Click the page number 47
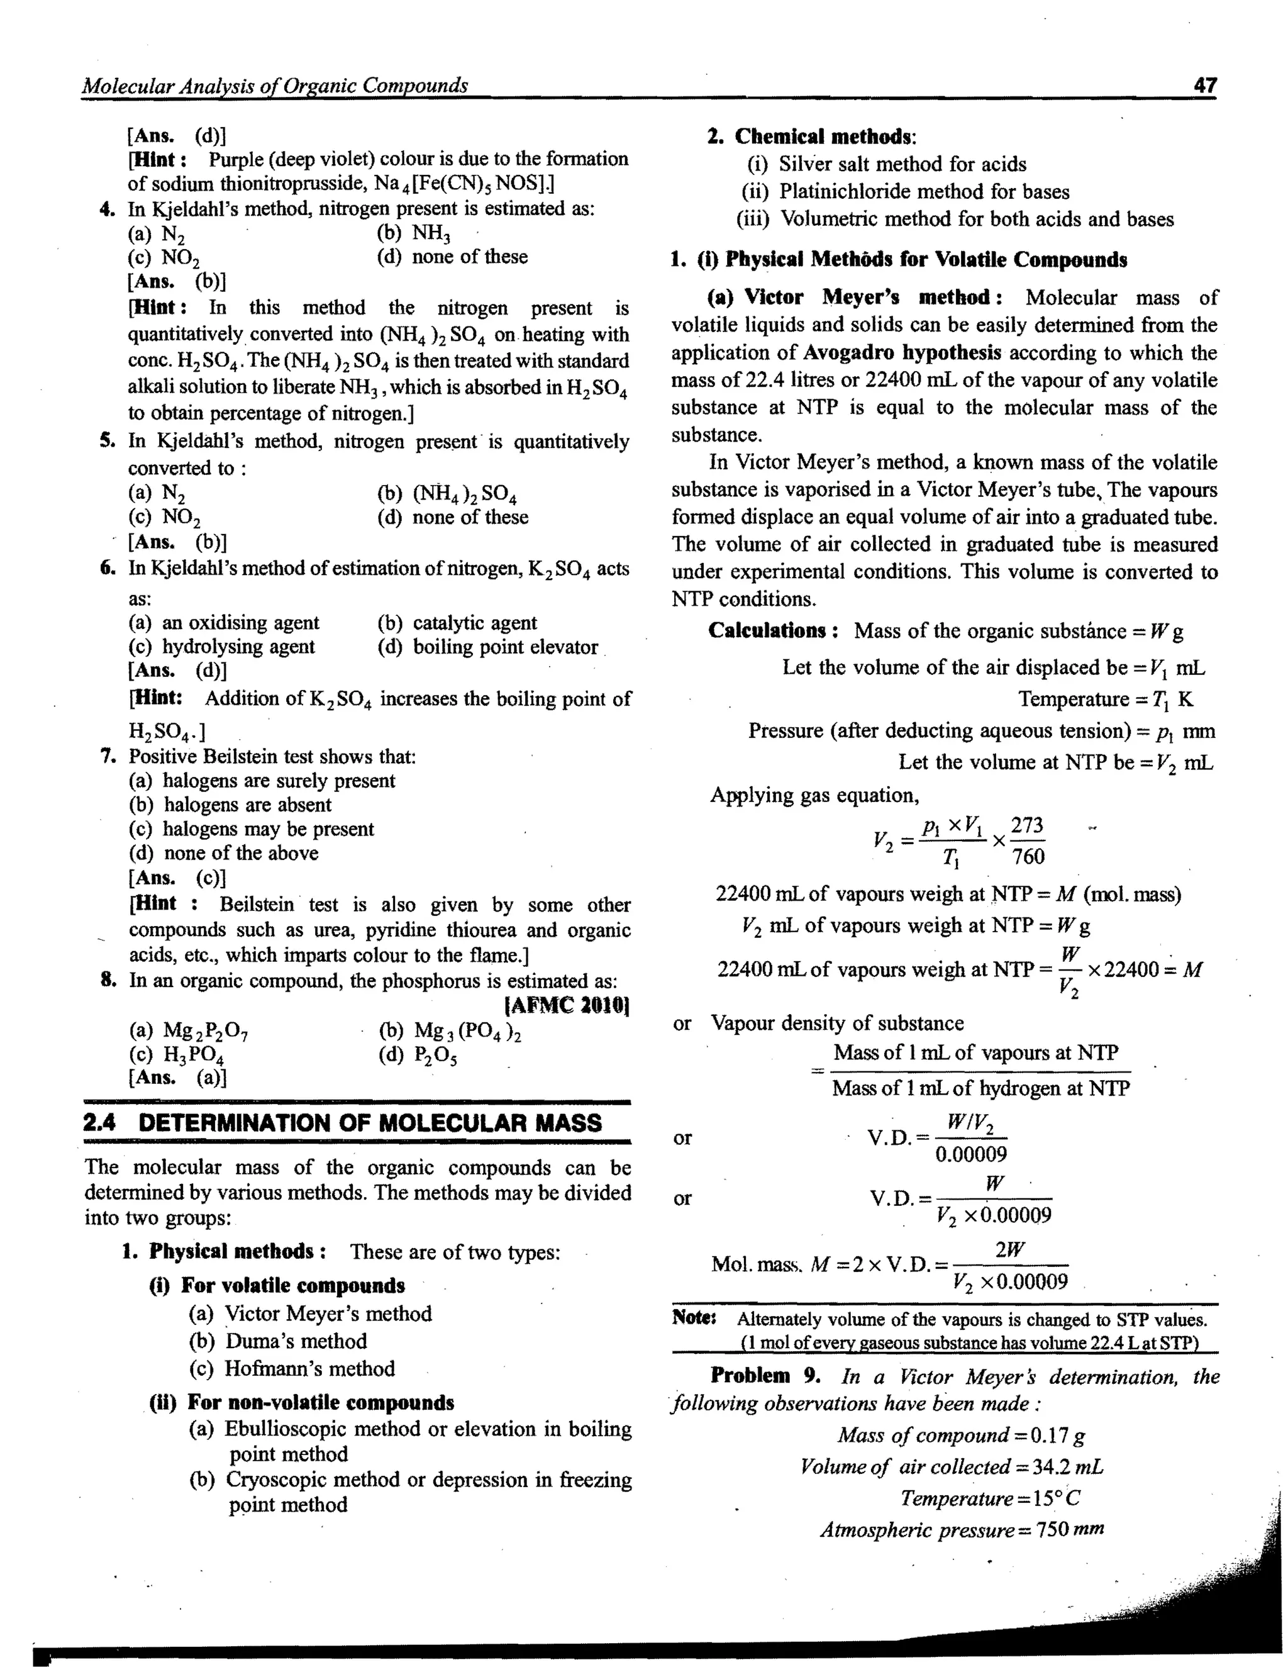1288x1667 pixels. (x=1205, y=85)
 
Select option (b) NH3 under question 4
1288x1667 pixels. (x=414, y=233)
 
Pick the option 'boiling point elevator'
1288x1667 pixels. (x=504, y=647)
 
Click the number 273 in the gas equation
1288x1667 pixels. (x=1027, y=825)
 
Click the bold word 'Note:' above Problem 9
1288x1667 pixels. (x=694, y=1318)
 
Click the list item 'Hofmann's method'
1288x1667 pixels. (x=309, y=1369)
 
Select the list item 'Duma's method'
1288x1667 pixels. (x=296, y=1341)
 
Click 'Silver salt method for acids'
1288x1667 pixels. (x=902, y=164)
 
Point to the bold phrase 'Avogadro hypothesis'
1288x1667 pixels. (x=902, y=353)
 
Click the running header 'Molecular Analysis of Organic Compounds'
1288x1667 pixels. (x=275, y=86)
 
